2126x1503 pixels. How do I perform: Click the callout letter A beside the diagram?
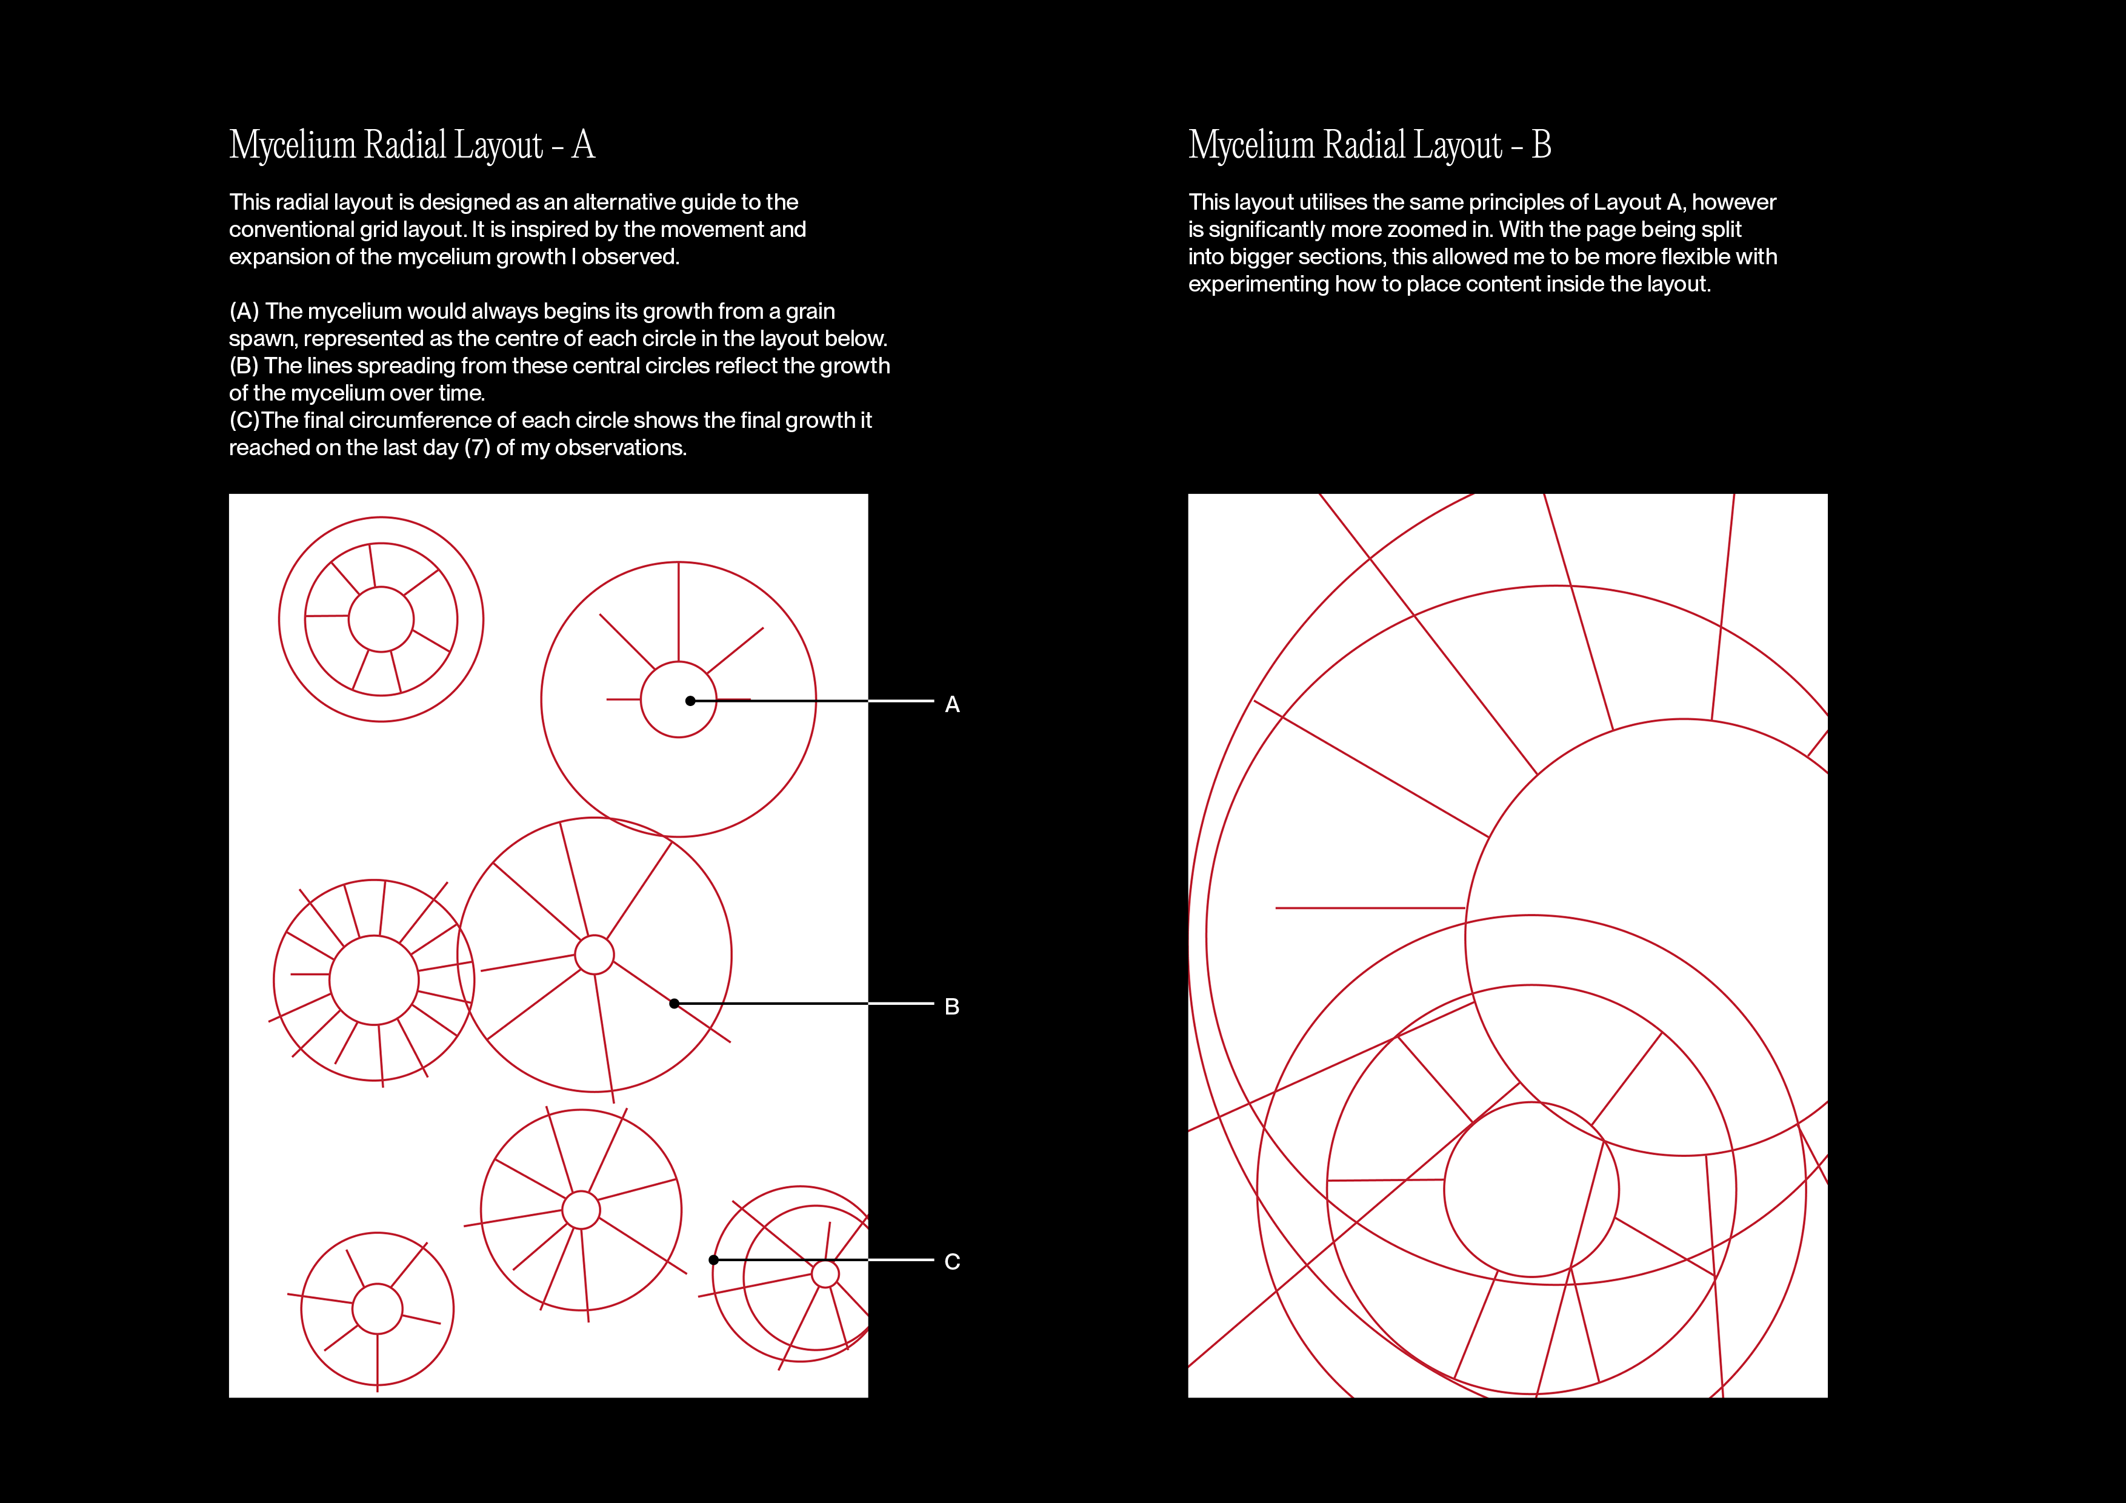(x=952, y=705)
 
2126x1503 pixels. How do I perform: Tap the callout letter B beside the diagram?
(x=952, y=1007)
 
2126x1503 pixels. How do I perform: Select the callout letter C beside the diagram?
(x=952, y=1261)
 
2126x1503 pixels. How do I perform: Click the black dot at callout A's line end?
(x=690, y=701)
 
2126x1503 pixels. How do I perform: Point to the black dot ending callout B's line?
(x=674, y=1004)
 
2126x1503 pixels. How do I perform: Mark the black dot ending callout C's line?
(x=713, y=1259)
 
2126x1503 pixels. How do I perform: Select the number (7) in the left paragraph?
(x=477, y=448)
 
